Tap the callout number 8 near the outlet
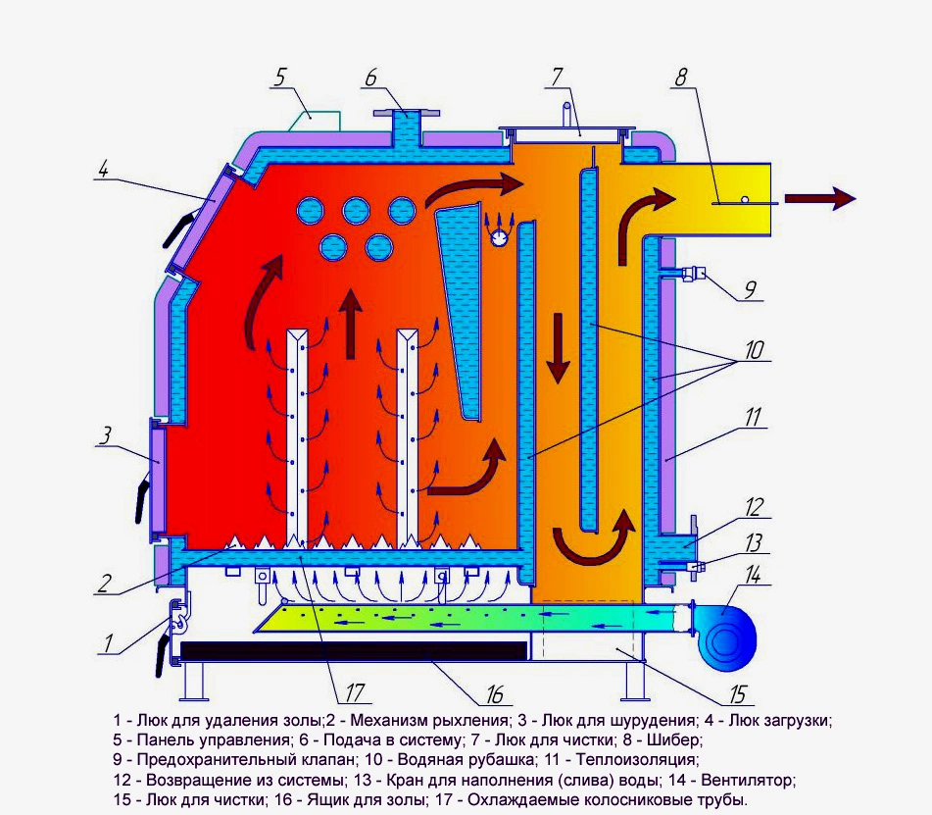(678, 77)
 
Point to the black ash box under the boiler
(354, 650)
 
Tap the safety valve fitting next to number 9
(693, 274)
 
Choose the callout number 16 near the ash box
(494, 695)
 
